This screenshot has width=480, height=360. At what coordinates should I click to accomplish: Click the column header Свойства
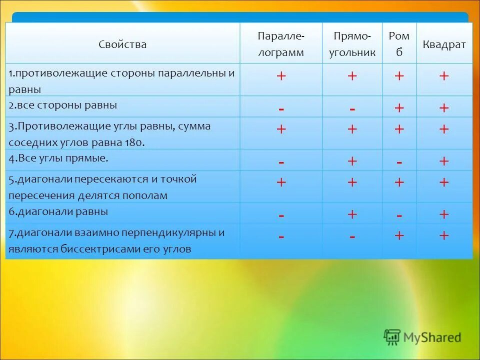pos(122,44)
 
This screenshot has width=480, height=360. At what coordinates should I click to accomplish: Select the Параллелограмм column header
pos(280,44)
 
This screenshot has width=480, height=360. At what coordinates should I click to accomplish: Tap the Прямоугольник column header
pos(352,44)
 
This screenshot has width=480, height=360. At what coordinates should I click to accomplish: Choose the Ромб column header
pos(399,44)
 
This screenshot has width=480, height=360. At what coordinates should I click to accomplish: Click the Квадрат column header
pos(443,44)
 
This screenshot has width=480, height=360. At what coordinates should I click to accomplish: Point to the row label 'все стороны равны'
pos(62,105)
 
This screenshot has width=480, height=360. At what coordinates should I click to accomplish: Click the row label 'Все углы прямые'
pos(58,158)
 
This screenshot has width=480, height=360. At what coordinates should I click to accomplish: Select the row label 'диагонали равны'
pos(58,211)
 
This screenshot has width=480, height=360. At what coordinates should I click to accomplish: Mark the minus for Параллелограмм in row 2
pos(281,108)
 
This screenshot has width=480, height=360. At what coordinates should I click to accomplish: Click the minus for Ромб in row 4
pos(399,162)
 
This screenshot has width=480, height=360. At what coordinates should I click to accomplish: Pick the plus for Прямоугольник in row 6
pos(352,214)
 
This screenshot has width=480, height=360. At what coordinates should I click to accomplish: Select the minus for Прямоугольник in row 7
pos(352,236)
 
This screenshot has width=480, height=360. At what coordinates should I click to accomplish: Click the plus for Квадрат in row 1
pos(444,76)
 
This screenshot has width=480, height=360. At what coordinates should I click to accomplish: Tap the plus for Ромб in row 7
pos(399,235)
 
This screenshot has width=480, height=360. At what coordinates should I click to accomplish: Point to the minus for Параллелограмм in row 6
pos(281,215)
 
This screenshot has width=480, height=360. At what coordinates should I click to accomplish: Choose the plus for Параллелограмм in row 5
pos(281,182)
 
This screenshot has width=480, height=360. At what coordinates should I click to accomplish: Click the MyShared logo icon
pos(392,337)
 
